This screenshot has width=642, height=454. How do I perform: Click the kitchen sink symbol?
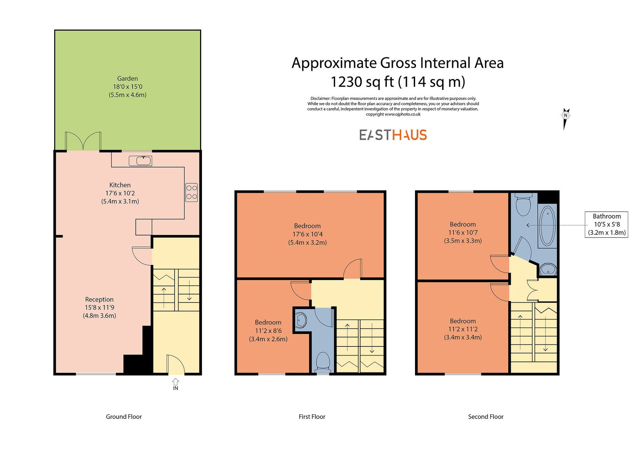pyautogui.click(x=140, y=161)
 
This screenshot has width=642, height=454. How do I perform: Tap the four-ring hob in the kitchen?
pyautogui.click(x=191, y=192)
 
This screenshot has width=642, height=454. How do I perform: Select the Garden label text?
pyautogui.click(x=127, y=79)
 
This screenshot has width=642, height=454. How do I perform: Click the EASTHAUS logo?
pyautogui.click(x=393, y=135)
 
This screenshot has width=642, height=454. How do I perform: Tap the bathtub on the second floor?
pyautogui.click(x=548, y=226)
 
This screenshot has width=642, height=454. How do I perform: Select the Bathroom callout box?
pyautogui.click(x=606, y=224)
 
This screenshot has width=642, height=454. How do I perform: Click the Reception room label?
pyautogui.click(x=99, y=300)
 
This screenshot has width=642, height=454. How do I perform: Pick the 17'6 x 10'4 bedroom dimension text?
pyautogui.click(x=307, y=234)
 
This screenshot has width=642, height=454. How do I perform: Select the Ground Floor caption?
pyautogui.click(x=124, y=417)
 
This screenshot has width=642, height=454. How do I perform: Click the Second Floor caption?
pyautogui.click(x=485, y=417)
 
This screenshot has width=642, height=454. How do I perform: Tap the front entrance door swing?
pyautogui.click(x=175, y=364)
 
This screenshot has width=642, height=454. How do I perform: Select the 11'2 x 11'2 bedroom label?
pyautogui.click(x=463, y=329)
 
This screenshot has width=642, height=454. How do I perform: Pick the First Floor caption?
pyautogui.click(x=312, y=417)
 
